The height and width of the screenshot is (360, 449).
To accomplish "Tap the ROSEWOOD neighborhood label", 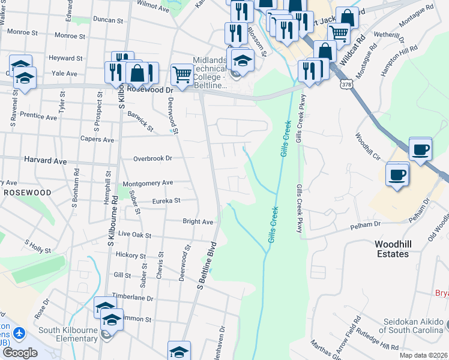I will pos(28,192).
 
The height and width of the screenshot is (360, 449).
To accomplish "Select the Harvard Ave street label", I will pos(44,161).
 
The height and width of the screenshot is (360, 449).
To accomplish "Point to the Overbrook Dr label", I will pos(152,158).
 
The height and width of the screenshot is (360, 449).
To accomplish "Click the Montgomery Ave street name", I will pos(147,182).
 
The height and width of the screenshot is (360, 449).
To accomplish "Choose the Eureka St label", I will pos(166,201).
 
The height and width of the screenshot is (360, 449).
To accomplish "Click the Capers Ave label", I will pos(97,139).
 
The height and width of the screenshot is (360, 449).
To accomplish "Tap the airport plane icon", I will pos(20,332).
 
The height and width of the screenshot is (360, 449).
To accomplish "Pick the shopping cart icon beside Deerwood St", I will pos(182,75).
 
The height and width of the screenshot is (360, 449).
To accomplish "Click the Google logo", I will pos(20,352).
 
